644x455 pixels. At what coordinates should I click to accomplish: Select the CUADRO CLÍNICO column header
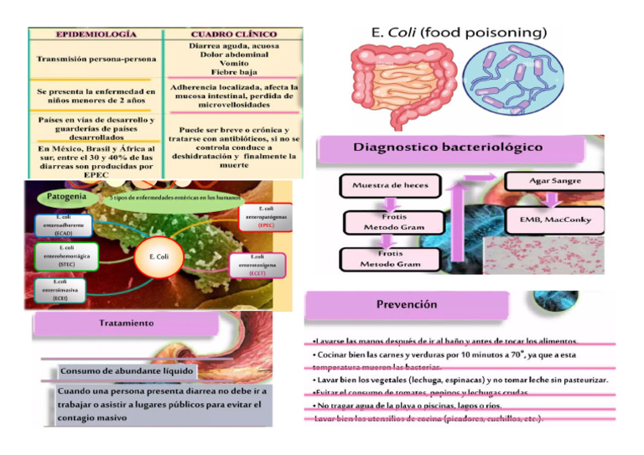(x=234, y=34)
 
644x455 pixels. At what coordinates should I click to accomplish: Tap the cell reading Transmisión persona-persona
(x=95, y=59)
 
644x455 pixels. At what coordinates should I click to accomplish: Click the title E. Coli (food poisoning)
(x=459, y=33)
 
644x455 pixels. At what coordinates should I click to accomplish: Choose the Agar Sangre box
(x=554, y=181)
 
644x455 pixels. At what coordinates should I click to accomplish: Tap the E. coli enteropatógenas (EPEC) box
(x=266, y=217)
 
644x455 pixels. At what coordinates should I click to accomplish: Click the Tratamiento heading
(x=127, y=323)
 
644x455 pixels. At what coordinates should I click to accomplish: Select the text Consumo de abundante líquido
(x=127, y=370)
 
